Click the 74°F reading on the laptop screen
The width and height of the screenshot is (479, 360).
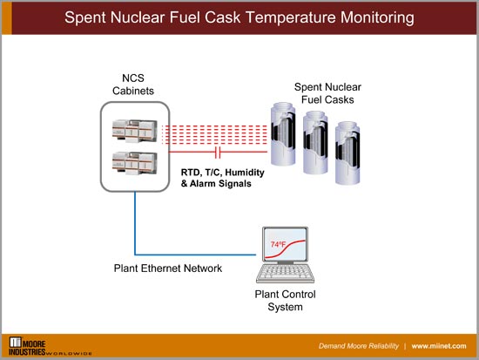[279, 244]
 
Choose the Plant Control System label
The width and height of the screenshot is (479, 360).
[285, 301]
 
